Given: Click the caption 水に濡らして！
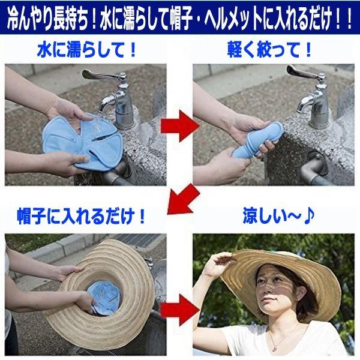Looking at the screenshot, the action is point(87,50).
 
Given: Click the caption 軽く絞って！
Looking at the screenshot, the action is point(269,50).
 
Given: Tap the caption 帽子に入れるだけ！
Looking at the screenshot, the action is point(81,216).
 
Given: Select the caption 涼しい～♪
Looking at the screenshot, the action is point(278,216).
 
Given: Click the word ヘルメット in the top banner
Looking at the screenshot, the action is point(233,19).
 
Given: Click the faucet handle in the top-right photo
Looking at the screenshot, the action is point(306,73).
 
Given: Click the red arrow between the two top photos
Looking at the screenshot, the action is point(179,126).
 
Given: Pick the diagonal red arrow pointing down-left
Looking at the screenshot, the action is point(183,199).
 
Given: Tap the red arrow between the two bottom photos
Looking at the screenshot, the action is point(179,310).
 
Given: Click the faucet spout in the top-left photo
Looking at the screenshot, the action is point(108,101).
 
